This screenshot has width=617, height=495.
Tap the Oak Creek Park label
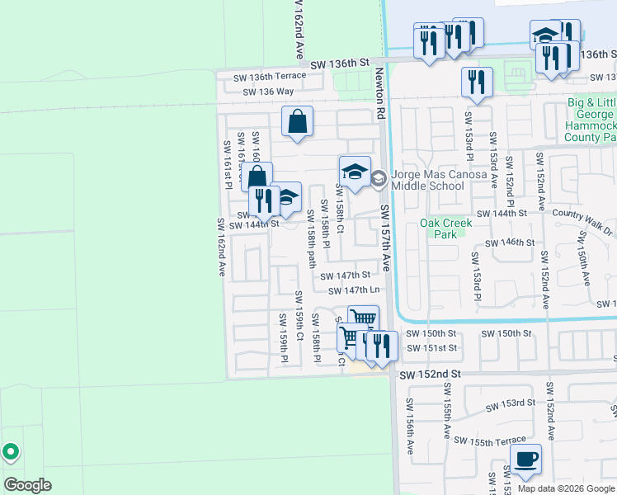tap(445, 228)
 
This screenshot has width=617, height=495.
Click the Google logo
tap(27, 484)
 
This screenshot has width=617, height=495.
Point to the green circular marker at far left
tap(10, 452)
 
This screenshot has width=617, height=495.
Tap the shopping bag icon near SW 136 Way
tap(297, 121)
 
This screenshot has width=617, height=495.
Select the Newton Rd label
tap(380, 95)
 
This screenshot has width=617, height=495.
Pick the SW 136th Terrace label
tap(270, 76)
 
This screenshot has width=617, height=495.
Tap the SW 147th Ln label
tap(354, 290)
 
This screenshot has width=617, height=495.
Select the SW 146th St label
tap(510, 243)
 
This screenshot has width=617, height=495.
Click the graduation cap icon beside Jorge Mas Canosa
tap(355, 172)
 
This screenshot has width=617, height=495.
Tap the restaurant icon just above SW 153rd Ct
tap(477, 81)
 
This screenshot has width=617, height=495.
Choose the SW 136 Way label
tap(268, 92)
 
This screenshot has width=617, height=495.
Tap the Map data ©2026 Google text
tap(565, 488)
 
